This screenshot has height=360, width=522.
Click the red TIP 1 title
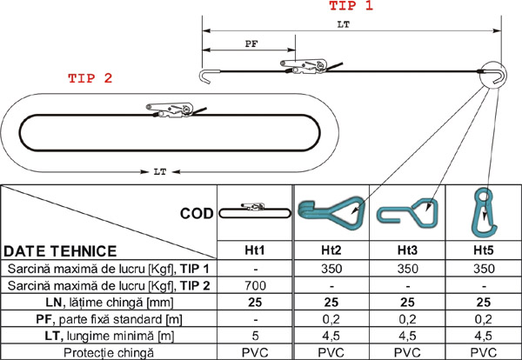351,6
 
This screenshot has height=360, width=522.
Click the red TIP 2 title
90,78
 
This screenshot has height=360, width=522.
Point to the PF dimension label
251,43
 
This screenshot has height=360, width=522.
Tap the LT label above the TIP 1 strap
344,24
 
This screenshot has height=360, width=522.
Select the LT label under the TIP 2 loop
160,171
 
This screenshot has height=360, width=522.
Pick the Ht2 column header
331,250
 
